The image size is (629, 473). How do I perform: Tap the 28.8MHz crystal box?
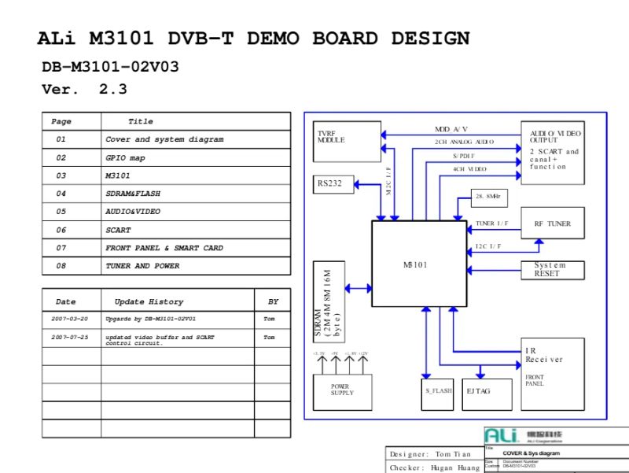[x=487, y=195]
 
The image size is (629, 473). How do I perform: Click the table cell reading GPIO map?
[x=125, y=158]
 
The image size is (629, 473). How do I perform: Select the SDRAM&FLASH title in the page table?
[x=133, y=194]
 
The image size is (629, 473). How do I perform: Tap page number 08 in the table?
[x=61, y=266]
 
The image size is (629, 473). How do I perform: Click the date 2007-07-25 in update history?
[x=69, y=337]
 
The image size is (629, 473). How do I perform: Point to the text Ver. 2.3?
[x=84, y=90]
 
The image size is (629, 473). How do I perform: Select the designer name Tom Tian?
[x=453, y=454]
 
